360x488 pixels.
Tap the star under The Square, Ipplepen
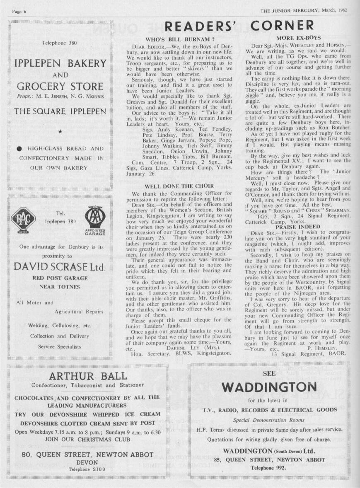[60, 131]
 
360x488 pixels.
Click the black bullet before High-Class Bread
[19, 148]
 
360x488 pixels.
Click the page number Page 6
[19, 12]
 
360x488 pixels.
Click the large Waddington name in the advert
[269, 387]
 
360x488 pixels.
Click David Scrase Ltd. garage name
[60, 268]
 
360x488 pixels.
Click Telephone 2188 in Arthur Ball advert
[87, 469]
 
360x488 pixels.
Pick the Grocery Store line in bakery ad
[60, 87]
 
